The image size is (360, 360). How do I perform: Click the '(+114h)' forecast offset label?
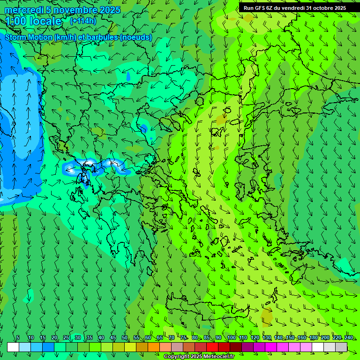tap(83, 21)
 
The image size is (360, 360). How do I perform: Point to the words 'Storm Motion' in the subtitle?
tap(28, 37)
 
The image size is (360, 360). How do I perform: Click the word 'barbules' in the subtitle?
tap(103, 37)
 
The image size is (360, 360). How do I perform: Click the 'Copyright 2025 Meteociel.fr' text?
tap(205, 357)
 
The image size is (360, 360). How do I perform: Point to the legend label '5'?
tap(18, 338)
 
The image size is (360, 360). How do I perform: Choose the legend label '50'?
tap(125, 338)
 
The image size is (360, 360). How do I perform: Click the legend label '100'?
tap(231, 338)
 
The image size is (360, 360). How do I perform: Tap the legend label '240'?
tap(349, 338)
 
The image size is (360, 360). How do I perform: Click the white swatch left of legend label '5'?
tap(13, 347)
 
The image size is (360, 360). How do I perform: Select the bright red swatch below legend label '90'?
tap(212, 347)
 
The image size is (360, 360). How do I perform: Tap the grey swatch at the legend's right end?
tap(341, 347)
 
